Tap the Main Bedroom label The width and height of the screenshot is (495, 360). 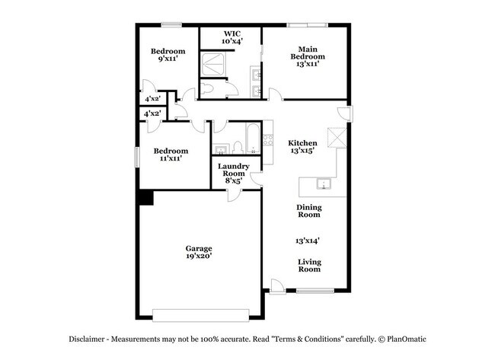click(x=307, y=56)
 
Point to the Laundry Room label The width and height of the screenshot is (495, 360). click(x=234, y=174)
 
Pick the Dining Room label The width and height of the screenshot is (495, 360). click(x=308, y=211)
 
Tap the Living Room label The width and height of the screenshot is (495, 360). click(x=308, y=265)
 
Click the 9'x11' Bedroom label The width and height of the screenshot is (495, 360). click(x=168, y=55)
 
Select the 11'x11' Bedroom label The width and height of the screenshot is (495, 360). click(x=171, y=155)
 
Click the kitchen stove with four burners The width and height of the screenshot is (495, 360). click(x=267, y=140)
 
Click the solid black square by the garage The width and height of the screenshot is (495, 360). click(x=145, y=197)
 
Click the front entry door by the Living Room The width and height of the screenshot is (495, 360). click(x=279, y=288)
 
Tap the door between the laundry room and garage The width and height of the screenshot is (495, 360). click(x=235, y=195)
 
